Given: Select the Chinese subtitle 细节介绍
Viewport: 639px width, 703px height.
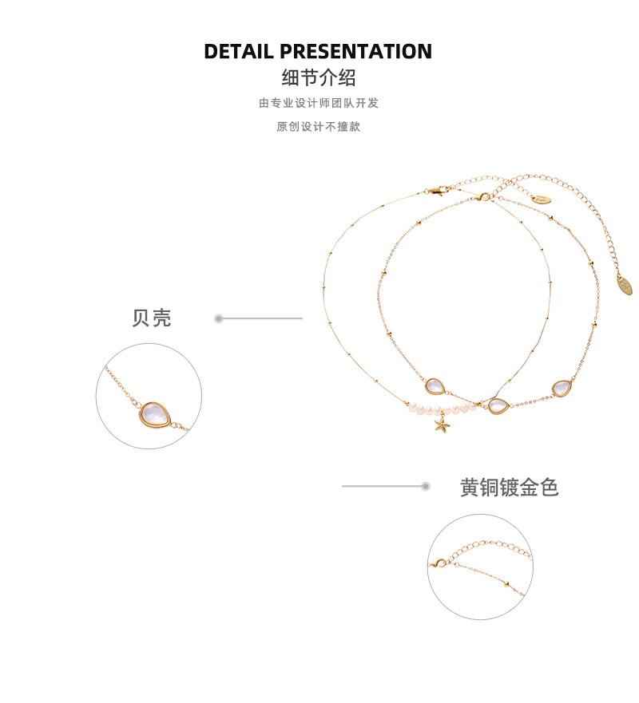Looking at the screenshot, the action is tap(319, 78).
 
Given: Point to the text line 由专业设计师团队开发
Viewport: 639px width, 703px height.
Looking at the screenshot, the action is tap(319, 103).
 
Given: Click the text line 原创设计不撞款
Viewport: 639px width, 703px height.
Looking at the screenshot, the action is tap(319, 127).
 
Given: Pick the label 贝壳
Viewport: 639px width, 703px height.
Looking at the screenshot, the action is tap(152, 318).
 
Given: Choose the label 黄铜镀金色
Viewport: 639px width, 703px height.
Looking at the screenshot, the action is tap(510, 488).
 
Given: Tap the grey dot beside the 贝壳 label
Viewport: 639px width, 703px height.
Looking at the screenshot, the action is tap(219, 318).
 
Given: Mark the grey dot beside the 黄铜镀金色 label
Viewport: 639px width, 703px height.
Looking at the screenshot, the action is tap(426, 486).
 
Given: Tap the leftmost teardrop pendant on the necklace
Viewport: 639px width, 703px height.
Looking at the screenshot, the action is tap(435, 387).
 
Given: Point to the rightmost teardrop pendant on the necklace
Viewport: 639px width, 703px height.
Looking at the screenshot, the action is tap(562, 389).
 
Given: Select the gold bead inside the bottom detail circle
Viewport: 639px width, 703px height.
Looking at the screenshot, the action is tap(504, 584).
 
